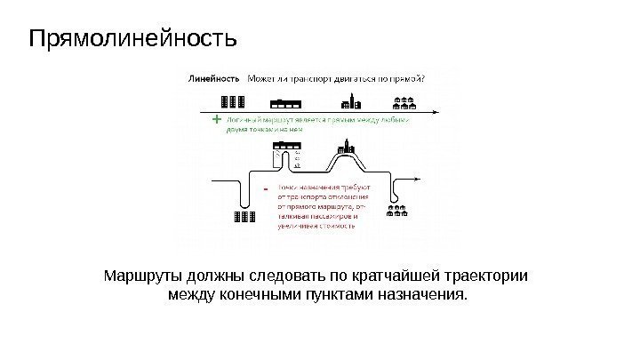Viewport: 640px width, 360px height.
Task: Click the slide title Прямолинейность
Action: pos(133,40)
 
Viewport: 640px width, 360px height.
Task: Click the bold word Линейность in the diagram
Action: pos(214,77)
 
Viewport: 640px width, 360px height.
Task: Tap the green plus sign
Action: pos(217,118)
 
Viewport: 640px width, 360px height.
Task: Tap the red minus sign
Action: pos(266,188)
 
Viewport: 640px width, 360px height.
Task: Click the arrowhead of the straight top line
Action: pos(433,110)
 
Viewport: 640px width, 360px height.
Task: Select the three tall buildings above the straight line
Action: pos(231,100)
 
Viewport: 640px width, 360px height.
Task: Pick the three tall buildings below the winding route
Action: pos(244,217)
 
